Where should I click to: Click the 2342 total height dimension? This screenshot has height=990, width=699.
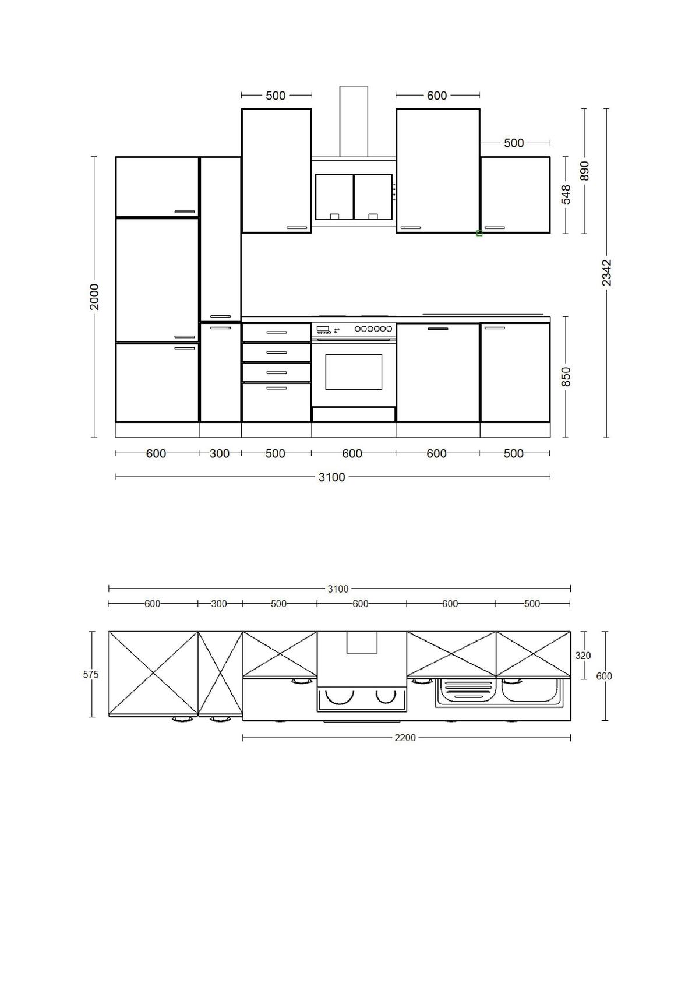click(x=606, y=273)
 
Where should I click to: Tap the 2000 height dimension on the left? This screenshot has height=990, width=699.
click(x=94, y=297)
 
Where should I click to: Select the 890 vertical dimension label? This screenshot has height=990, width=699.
click(x=585, y=171)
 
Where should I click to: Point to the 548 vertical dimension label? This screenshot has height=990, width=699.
click(x=566, y=195)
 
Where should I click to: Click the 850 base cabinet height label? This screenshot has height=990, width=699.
click(x=566, y=376)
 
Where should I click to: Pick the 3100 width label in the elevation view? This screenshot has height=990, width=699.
click(x=331, y=477)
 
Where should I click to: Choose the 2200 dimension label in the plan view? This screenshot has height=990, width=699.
click(x=405, y=738)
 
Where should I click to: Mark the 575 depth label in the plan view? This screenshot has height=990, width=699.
click(x=91, y=675)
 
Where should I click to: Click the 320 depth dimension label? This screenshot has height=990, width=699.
click(x=583, y=656)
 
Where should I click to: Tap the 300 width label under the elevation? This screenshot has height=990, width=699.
click(x=220, y=453)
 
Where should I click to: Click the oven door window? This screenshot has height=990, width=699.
click(x=354, y=372)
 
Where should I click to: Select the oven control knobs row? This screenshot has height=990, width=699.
click(x=373, y=329)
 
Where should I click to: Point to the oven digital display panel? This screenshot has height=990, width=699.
click(x=322, y=329)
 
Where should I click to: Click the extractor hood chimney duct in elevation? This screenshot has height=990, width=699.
click(x=354, y=121)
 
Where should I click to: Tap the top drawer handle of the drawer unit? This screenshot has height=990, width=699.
click(x=277, y=333)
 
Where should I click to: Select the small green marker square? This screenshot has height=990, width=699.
click(x=479, y=234)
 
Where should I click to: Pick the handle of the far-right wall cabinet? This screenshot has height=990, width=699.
click(x=495, y=228)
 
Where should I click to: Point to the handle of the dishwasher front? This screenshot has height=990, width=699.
click(x=438, y=329)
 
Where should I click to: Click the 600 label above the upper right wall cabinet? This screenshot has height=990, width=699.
click(x=437, y=96)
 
